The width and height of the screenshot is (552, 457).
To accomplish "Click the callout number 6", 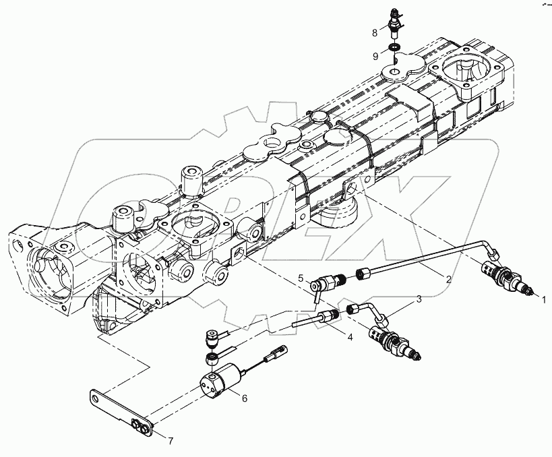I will tap(245, 398).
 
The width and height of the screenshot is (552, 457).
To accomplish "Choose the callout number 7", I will tap(171, 441).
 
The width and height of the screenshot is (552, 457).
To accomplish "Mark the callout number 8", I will tap(374, 32).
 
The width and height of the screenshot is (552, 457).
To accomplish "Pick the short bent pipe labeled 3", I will tap(371, 311).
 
